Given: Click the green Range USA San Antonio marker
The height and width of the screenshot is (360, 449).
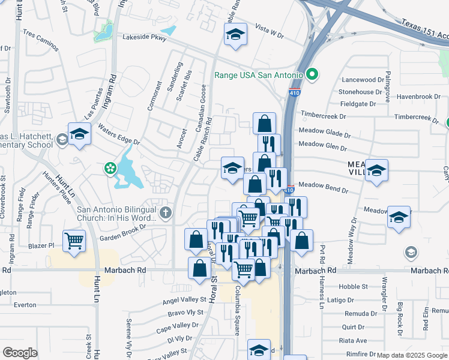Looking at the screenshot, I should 312,76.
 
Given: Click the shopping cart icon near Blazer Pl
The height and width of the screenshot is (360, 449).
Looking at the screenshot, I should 74,241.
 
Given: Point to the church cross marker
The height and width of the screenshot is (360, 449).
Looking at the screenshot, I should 166,212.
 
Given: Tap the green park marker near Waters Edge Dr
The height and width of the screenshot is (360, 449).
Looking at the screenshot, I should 110,167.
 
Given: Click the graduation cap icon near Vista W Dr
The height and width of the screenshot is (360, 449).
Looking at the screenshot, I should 236,34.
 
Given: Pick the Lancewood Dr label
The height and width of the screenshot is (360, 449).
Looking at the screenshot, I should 362,79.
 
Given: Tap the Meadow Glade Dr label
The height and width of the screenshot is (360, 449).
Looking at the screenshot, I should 324,133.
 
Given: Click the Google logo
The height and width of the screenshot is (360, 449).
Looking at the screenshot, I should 20,352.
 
